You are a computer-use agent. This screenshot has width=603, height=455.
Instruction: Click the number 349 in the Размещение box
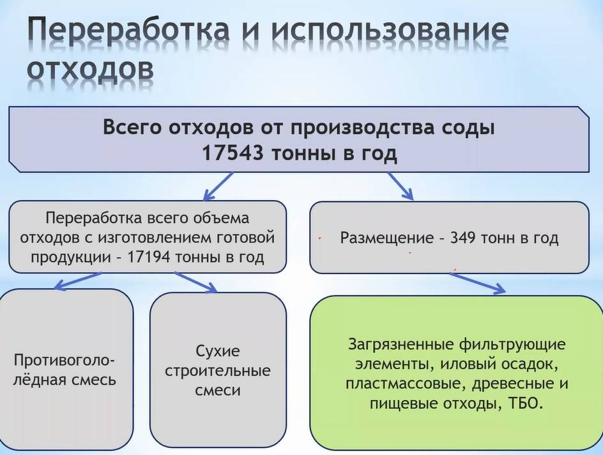click(x=463, y=238)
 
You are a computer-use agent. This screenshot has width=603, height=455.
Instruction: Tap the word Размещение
click(x=386, y=238)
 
